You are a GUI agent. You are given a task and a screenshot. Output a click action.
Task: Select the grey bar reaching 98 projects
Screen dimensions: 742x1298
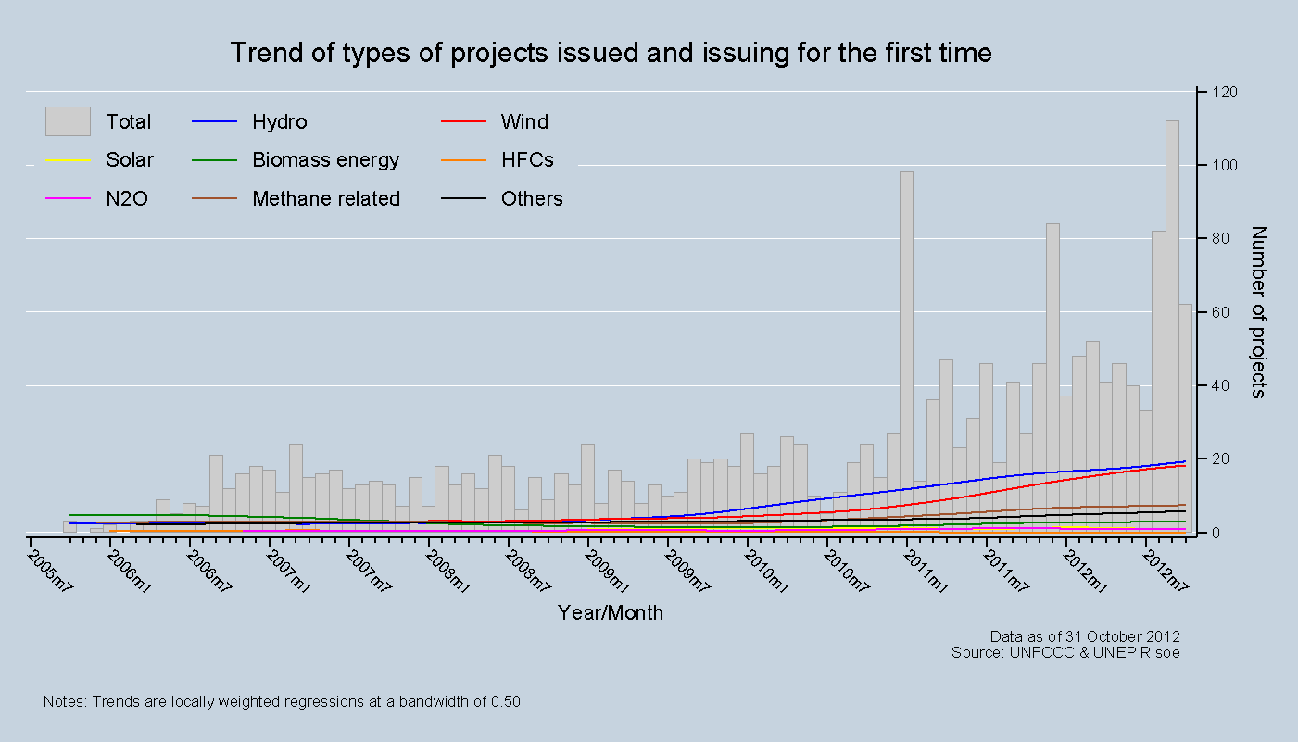(906, 352)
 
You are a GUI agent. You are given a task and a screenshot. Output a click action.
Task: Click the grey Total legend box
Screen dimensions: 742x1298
(68, 121)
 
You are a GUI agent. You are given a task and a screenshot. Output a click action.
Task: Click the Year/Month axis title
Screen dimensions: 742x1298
(611, 613)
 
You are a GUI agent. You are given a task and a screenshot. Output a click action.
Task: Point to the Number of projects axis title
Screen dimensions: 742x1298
(1257, 312)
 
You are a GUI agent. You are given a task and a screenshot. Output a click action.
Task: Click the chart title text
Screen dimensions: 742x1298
(611, 53)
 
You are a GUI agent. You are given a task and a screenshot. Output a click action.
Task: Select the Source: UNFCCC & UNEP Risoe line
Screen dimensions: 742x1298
(1065, 652)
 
